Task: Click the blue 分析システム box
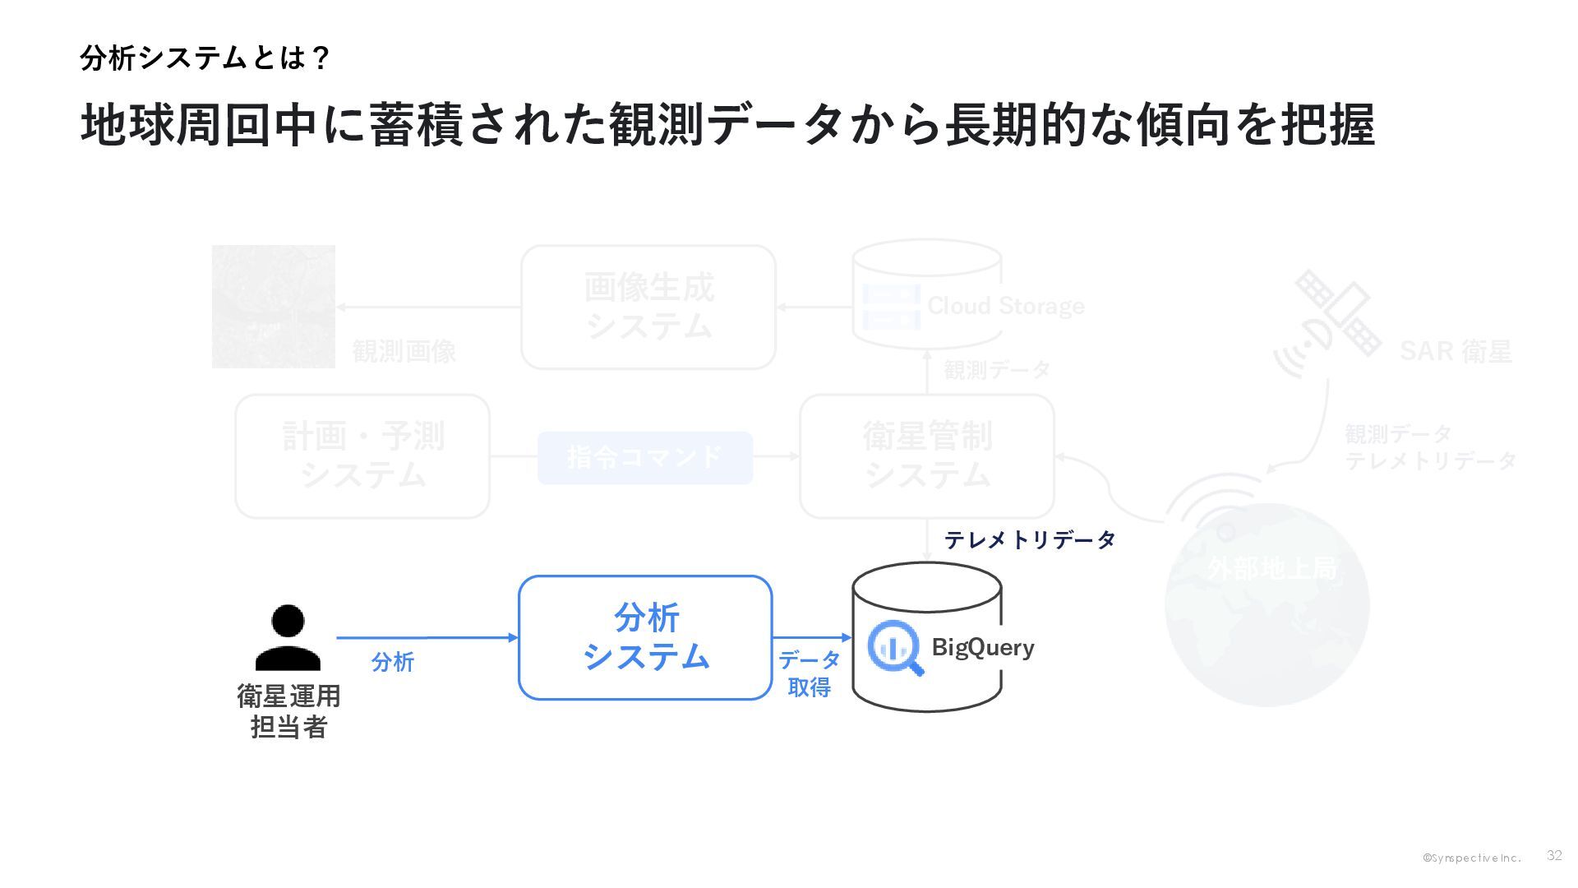pyautogui.click(x=645, y=637)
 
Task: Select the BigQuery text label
pyautogui.click(x=982, y=647)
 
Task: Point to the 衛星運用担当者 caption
pyautogui.click(x=288, y=711)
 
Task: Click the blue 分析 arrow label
pyautogui.click(x=392, y=662)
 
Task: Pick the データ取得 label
pyautogui.click(x=810, y=673)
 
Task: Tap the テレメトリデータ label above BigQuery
pyautogui.click(x=1030, y=539)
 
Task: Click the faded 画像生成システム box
pyautogui.click(x=648, y=307)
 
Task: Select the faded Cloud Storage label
pyautogui.click(x=1005, y=306)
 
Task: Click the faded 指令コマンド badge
pyautogui.click(x=645, y=457)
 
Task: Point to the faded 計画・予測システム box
pyautogui.click(x=362, y=456)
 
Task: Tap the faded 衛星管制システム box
pyautogui.click(x=927, y=456)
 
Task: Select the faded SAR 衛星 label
pyautogui.click(x=1456, y=351)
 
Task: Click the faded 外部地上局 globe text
pyautogui.click(x=1272, y=568)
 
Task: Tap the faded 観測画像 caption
pyautogui.click(x=404, y=351)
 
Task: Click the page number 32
pyautogui.click(x=1553, y=855)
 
